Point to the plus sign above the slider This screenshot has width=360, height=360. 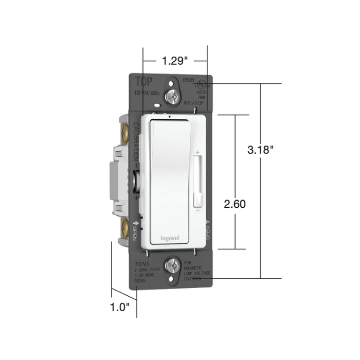197,152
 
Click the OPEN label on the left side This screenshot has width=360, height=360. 135,231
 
